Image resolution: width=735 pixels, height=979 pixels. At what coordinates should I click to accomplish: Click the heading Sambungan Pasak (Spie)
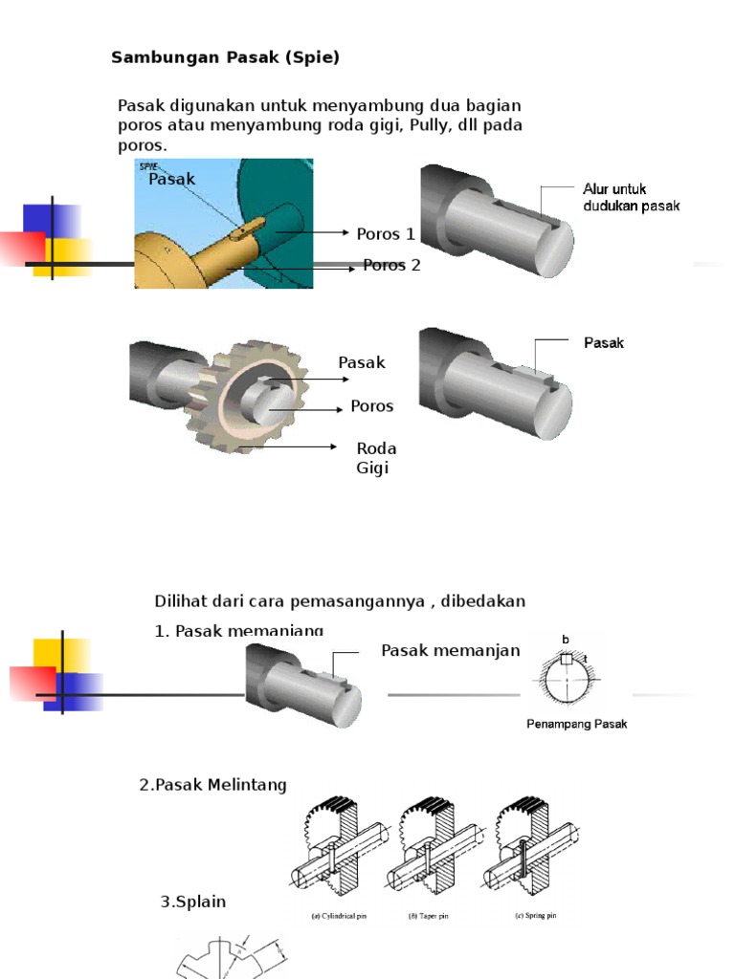click(x=225, y=57)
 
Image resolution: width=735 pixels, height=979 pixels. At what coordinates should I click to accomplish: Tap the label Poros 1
click(x=386, y=233)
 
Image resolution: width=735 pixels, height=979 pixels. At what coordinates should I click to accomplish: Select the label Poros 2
click(x=391, y=265)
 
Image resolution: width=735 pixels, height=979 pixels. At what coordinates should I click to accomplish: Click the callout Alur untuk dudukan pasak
click(x=631, y=198)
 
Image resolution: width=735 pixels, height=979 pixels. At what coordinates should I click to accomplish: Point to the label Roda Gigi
click(x=375, y=458)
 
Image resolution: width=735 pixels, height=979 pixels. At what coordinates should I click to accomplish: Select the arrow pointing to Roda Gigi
click(x=287, y=446)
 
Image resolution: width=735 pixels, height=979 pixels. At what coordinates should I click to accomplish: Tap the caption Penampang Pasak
click(x=576, y=724)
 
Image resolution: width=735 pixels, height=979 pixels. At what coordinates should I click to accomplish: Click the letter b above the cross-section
click(x=566, y=640)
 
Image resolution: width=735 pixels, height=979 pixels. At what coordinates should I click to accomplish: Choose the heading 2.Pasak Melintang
click(x=212, y=785)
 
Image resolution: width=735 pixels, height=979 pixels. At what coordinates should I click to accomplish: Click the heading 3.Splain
click(x=192, y=902)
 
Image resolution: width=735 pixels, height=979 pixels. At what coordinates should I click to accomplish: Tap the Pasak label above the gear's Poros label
click(x=361, y=362)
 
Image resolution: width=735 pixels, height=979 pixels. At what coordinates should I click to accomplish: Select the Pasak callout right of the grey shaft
click(x=603, y=342)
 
